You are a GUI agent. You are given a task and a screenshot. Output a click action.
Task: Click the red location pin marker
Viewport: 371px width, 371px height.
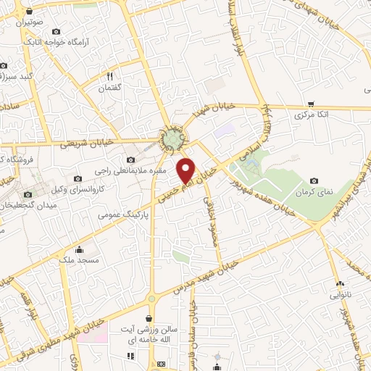(x=186, y=170)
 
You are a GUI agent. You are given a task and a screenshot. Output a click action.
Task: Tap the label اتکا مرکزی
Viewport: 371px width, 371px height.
(x=313, y=114)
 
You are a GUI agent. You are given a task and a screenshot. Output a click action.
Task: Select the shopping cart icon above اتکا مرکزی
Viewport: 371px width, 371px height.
(x=311, y=104)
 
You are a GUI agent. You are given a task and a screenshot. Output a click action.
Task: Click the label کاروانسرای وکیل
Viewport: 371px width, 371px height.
(x=87, y=188)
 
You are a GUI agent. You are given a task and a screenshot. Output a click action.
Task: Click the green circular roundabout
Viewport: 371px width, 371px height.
(x=172, y=138)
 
